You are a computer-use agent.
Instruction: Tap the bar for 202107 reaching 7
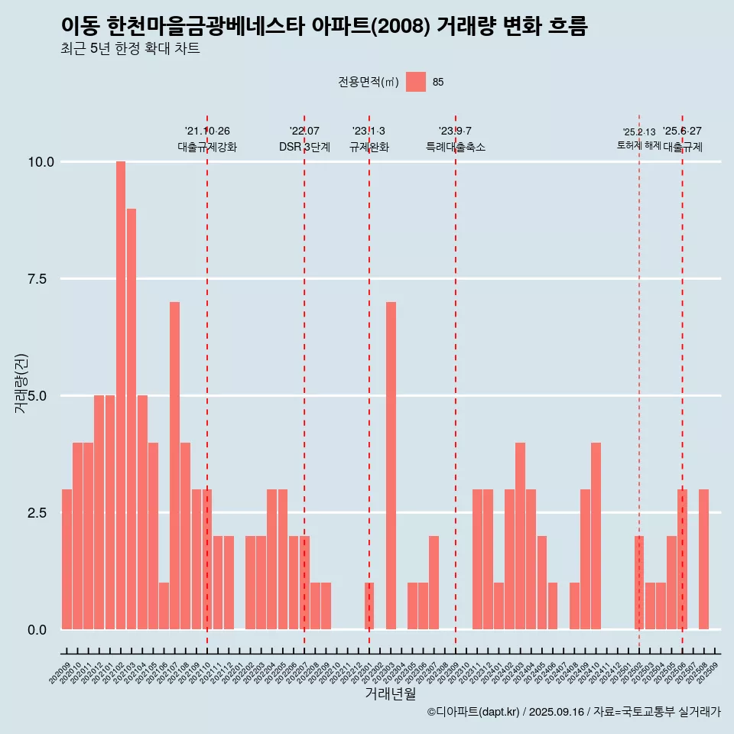(x=174, y=466)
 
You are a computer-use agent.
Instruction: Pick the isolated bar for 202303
(x=391, y=466)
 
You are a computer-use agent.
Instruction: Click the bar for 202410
(x=596, y=536)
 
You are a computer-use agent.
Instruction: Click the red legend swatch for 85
(x=415, y=82)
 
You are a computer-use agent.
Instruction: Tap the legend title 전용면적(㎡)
(x=369, y=82)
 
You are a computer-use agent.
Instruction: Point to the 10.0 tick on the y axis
(x=41, y=162)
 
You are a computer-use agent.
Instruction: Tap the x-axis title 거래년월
(x=391, y=693)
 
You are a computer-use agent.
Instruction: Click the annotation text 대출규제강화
(x=207, y=147)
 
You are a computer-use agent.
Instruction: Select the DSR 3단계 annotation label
(x=304, y=147)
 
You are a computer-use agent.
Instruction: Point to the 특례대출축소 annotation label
(x=456, y=147)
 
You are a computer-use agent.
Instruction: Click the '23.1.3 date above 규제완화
(x=369, y=131)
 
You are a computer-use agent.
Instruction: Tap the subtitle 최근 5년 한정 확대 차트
(x=130, y=49)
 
